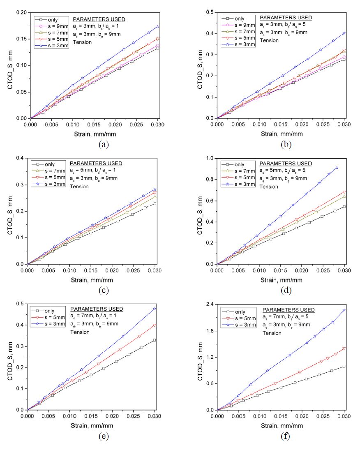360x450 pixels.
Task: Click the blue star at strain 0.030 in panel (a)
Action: [x=157, y=26]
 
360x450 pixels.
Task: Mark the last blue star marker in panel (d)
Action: [x=337, y=168]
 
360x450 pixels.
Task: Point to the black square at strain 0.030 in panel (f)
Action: [x=344, y=366]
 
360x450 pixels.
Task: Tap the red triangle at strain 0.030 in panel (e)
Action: [x=154, y=325]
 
